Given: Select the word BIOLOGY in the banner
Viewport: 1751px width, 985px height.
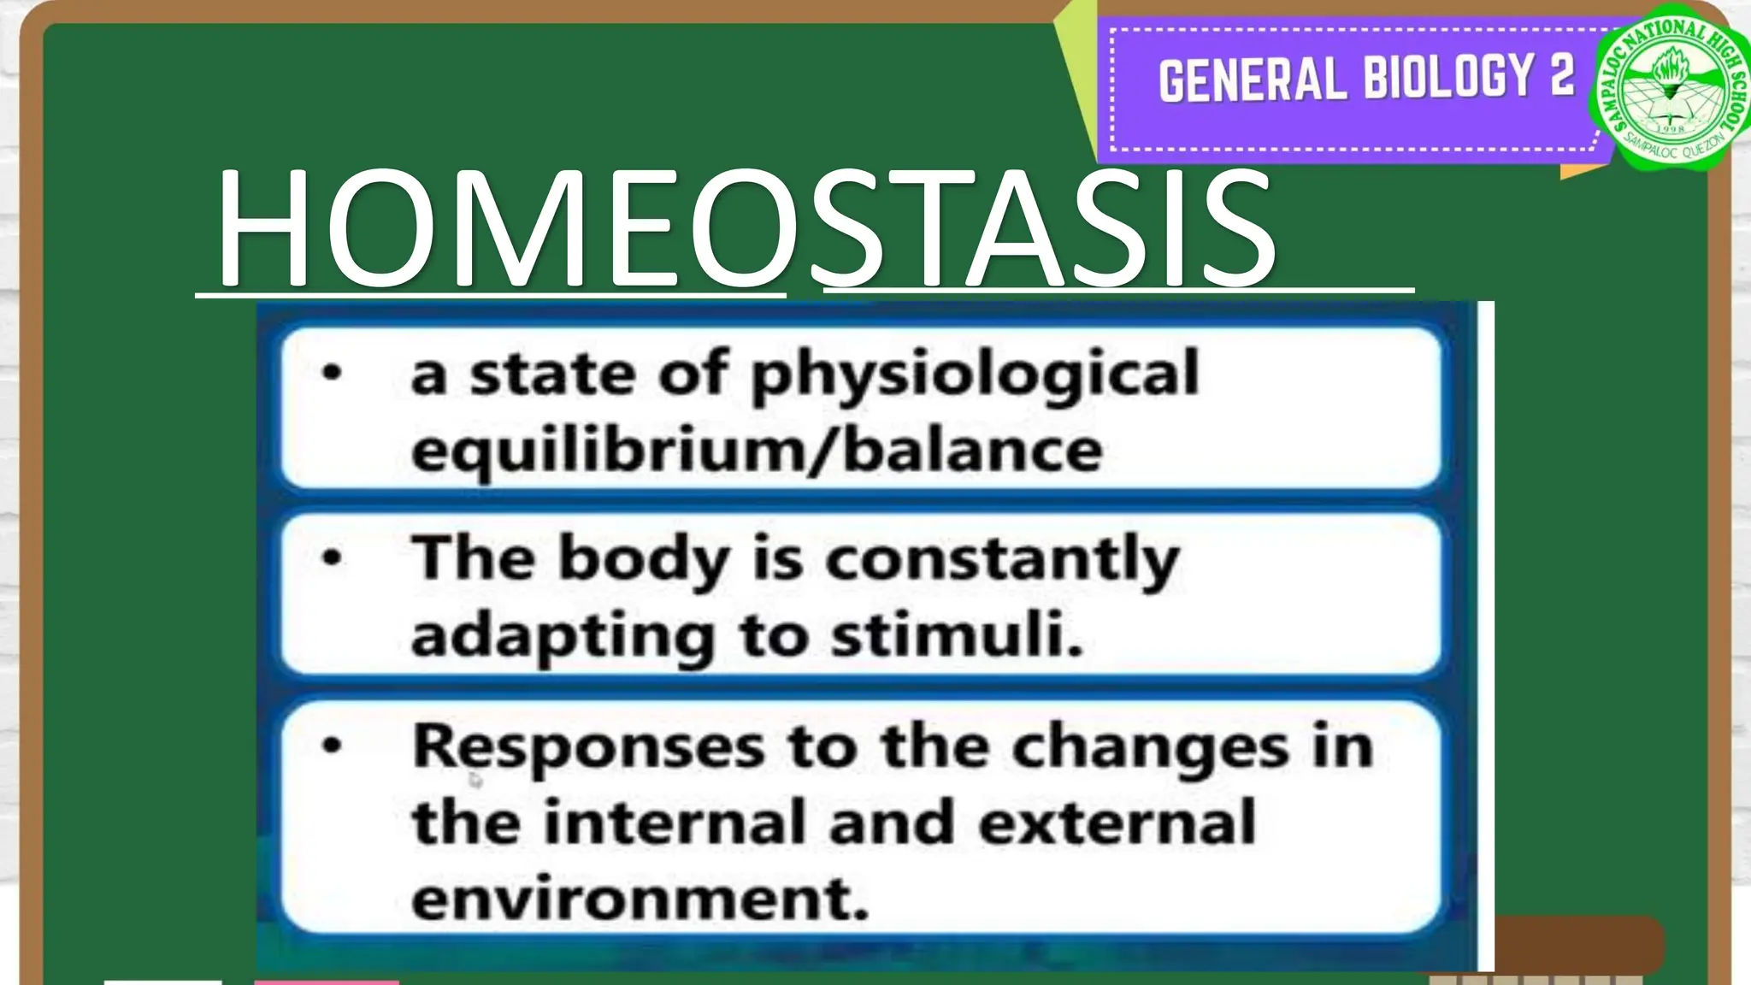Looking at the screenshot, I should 1448,77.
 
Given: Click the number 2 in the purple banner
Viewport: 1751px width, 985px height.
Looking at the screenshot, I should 1562,75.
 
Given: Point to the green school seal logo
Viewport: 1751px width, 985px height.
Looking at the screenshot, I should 1671,92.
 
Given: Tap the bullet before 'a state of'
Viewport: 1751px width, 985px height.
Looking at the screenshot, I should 332,373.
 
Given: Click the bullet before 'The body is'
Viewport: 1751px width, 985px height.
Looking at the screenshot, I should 332,558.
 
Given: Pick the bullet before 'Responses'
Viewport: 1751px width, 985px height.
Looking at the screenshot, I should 332,746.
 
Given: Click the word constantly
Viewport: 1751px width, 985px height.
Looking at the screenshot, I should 1002,561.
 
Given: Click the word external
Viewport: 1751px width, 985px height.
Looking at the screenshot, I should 1117,823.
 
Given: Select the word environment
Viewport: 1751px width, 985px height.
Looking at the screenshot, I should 640,899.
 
